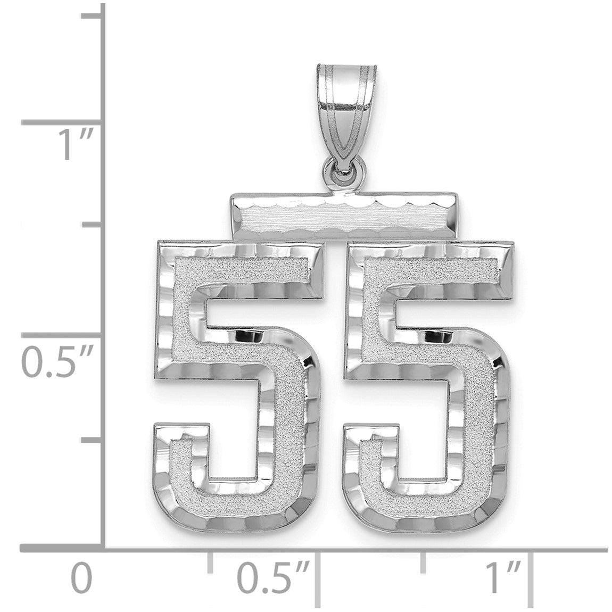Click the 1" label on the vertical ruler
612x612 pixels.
[76, 145]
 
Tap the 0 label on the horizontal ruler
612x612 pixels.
[81, 577]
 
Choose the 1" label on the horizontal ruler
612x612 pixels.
[503, 577]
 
